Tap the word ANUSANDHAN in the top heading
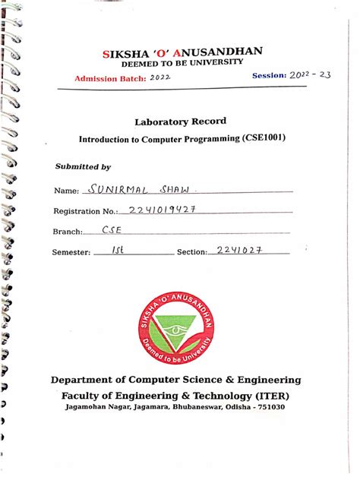221,52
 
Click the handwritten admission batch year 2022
160,77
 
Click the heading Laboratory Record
180,122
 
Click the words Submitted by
83,166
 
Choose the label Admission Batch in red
109,79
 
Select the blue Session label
269,76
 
